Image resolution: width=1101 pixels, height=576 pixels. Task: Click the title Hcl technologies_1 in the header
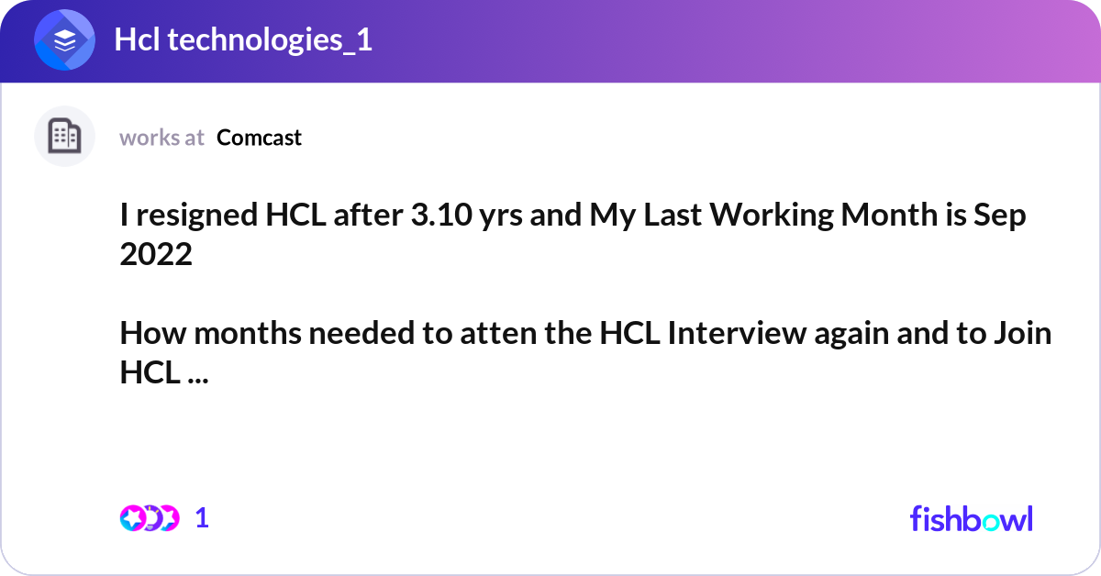coord(243,40)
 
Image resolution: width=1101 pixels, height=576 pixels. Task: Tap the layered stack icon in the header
coord(65,40)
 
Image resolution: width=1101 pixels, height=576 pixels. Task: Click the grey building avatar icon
coord(64,137)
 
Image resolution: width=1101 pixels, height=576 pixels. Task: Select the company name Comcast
coord(259,138)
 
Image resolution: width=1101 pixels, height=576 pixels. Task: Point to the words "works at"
coord(161,138)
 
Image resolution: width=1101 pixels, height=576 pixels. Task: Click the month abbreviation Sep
coord(1002,217)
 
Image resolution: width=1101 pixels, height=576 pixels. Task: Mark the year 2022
coord(156,255)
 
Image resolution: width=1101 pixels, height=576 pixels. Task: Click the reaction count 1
coord(202,518)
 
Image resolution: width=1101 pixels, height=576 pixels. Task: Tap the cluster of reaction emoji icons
coord(149,518)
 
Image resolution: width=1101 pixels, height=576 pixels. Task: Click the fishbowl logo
coord(971,518)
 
